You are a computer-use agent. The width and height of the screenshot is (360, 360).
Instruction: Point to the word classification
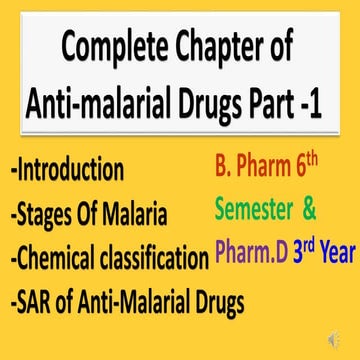(153, 259)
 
